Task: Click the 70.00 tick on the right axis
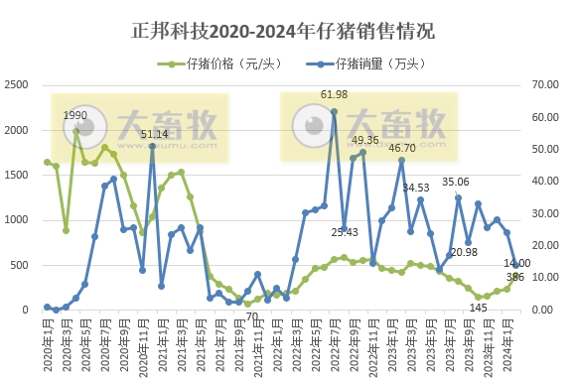(x=549, y=86)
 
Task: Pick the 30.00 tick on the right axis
(x=549, y=214)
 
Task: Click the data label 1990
(x=75, y=116)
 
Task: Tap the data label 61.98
(x=334, y=94)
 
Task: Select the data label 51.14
(x=154, y=134)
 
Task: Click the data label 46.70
(x=401, y=148)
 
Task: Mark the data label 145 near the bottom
(x=479, y=307)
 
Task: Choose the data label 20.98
(x=464, y=252)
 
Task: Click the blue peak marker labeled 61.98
(x=334, y=111)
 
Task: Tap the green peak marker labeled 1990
(x=75, y=131)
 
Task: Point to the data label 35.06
(x=455, y=182)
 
